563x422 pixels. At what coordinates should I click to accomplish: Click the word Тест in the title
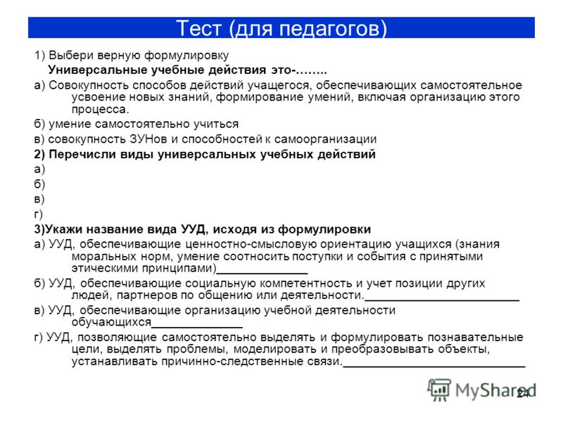tap(198, 28)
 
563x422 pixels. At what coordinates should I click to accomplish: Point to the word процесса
tap(100, 110)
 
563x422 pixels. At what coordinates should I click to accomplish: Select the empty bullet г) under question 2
tap(39, 214)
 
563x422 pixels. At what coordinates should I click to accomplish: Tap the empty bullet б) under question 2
tap(39, 184)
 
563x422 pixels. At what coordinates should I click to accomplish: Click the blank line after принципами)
tap(262, 274)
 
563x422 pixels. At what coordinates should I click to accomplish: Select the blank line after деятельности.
tap(442, 300)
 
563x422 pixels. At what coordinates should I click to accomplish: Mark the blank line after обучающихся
tap(197, 327)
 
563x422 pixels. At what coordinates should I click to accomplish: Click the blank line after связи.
tap(434, 366)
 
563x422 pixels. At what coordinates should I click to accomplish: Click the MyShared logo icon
tap(438, 390)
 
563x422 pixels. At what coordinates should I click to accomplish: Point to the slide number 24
tap(523, 394)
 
